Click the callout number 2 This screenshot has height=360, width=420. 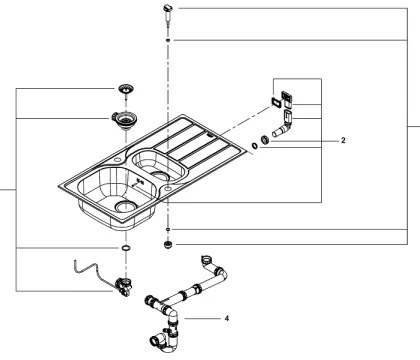point(342,141)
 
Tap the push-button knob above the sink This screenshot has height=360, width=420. point(167,13)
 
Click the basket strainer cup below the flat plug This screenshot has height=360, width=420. point(127,122)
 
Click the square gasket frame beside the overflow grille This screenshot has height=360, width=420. point(272,102)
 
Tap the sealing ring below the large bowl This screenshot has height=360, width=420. point(125,247)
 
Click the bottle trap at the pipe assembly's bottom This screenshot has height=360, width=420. point(165,338)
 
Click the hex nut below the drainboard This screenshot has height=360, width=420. point(168,243)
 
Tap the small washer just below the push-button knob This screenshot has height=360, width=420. point(167,40)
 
